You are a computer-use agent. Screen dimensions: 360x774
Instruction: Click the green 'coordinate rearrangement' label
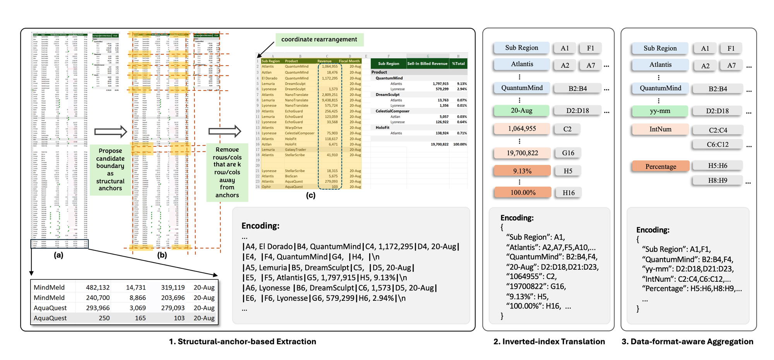(x=319, y=39)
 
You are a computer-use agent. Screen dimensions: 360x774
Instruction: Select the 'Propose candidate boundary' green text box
(x=110, y=170)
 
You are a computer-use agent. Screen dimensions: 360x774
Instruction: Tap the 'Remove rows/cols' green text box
(x=227, y=172)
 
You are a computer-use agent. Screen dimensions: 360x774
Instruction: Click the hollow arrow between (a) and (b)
(x=111, y=132)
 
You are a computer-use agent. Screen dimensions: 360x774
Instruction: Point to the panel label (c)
(x=310, y=195)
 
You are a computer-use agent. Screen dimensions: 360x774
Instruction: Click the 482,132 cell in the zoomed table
(x=98, y=288)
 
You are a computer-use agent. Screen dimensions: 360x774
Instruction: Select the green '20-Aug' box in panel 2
(x=521, y=111)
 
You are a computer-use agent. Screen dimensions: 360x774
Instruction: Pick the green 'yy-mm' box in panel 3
(x=660, y=111)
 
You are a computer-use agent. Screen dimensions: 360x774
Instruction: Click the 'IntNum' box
(x=660, y=129)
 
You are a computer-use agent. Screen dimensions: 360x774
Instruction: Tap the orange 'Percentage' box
(x=661, y=166)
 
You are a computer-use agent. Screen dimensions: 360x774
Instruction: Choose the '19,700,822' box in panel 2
(x=522, y=153)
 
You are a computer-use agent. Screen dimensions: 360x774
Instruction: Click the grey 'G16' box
(x=568, y=153)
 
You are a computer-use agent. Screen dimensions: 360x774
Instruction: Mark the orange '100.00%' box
(x=523, y=192)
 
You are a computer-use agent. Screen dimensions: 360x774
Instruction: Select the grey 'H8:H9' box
(x=717, y=180)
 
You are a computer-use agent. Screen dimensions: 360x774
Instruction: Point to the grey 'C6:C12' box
(x=717, y=144)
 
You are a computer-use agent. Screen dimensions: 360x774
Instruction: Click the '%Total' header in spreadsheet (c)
(x=458, y=63)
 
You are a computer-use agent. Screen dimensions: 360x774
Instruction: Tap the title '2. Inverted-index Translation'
(x=549, y=341)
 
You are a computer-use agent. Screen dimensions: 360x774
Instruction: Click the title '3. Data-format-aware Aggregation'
(x=687, y=341)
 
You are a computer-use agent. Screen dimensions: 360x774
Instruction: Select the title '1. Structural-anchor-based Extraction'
(x=242, y=341)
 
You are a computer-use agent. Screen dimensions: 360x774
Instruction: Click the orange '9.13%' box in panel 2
(x=522, y=171)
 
